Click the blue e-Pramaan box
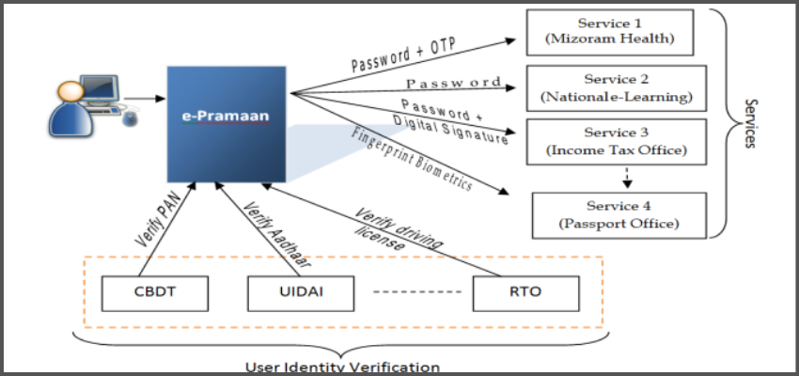click(x=227, y=124)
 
